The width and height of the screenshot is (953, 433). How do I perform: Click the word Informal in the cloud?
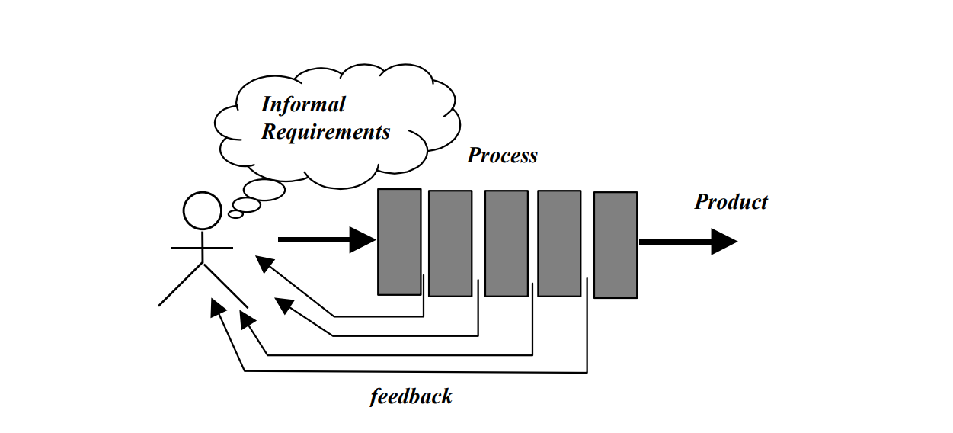tap(303, 104)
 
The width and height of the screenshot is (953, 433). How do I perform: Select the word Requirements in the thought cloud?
tap(325, 132)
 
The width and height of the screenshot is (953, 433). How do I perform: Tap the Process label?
tap(502, 155)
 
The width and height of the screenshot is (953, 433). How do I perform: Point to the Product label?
tap(731, 202)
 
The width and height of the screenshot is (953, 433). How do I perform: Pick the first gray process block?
tap(399, 242)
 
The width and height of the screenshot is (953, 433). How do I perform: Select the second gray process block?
tap(450, 243)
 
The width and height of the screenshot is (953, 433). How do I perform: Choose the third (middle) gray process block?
tap(507, 243)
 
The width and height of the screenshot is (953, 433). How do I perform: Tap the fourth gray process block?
tap(559, 243)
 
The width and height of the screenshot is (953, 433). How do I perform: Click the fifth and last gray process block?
tap(616, 245)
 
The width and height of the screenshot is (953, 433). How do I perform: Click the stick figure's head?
tap(203, 210)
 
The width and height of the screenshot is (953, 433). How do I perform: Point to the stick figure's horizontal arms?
tap(202, 248)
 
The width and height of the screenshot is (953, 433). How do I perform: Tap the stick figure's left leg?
tap(181, 284)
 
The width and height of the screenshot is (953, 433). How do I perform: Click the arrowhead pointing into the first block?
tap(363, 239)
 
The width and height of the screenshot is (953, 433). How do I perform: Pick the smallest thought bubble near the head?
tap(235, 214)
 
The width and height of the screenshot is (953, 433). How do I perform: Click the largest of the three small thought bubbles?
tap(264, 190)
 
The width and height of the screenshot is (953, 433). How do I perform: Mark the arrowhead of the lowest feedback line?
tap(218, 306)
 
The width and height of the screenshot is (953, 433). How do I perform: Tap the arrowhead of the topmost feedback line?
tap(264, 263)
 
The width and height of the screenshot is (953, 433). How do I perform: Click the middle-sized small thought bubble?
tap(247, 205)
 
